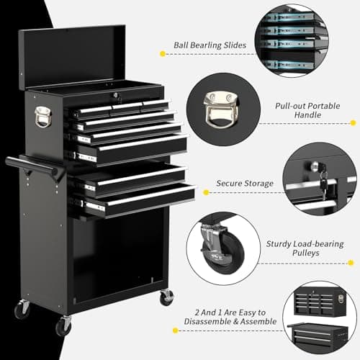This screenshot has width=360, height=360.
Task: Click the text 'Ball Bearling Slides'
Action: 210,45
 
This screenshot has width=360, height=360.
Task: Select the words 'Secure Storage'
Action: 245,184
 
